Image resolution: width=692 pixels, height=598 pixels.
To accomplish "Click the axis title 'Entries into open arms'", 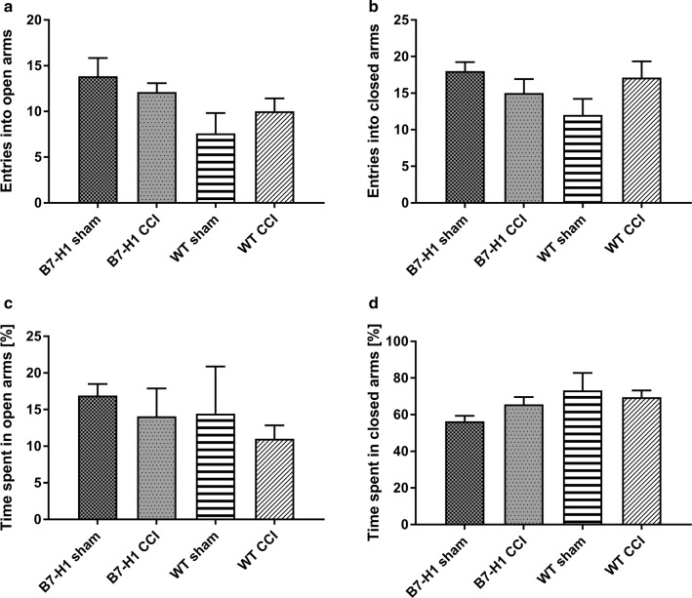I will [13, 111].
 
